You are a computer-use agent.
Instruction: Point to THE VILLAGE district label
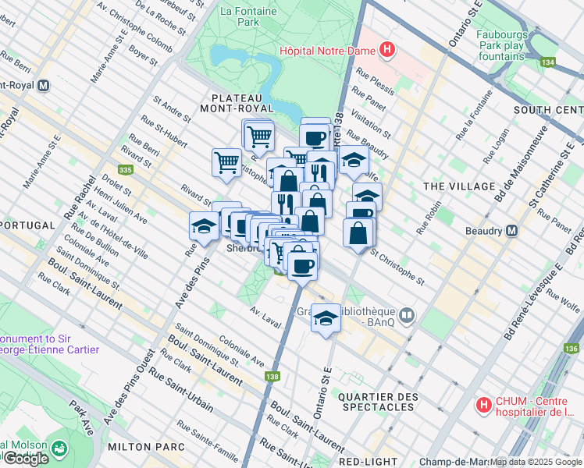(x=458, y=186)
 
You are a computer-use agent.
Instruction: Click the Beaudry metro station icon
(x=512, y=231)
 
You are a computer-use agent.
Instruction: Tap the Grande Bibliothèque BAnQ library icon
(x=406, y=316)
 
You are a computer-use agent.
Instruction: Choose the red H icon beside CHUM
(x=483, y=406)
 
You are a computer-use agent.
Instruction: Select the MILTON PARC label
(x=147, y=447)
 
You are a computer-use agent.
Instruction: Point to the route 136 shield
(x=572, y=348)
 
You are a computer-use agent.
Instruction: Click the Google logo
(x=26, y=458)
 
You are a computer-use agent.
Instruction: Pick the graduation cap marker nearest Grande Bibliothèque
(x=326, y=318)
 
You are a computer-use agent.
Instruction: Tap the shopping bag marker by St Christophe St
(x=358, y=233)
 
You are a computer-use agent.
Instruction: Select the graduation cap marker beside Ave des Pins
(x=204, y=227)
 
